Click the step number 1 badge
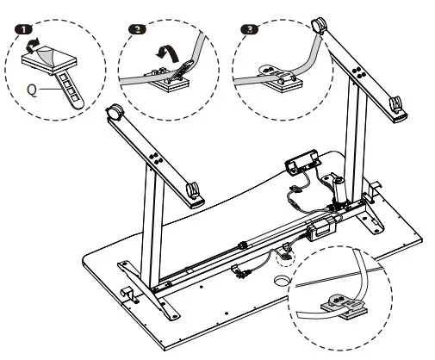(23, 29)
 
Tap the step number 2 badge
(137, 29)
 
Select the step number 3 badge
(250, 29)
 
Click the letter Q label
(32, 90)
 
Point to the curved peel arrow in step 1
(32, 46)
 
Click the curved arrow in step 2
(168, 53)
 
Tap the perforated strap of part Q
(70, 90)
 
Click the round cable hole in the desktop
(281, 280)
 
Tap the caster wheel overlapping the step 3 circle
(319, 25)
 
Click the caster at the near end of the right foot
(395, 104)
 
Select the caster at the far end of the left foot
(114, 112)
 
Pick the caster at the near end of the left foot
(193, 190)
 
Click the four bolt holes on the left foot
(156, 158)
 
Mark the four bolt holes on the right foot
(358, 71)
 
